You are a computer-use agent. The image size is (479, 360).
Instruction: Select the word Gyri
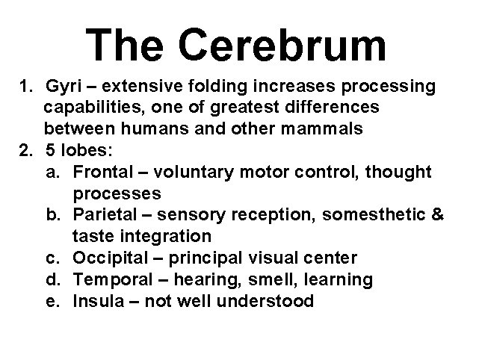coord(61,87)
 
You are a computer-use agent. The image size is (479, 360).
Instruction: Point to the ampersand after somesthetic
coord(438,215)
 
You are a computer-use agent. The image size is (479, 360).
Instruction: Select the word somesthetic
coord(370,215)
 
